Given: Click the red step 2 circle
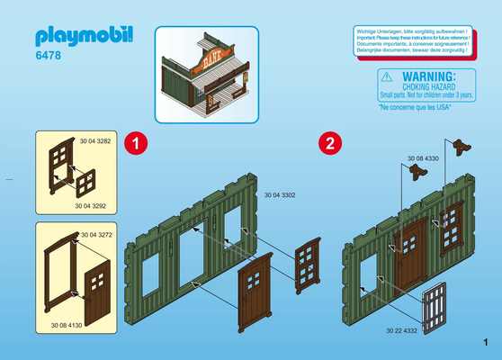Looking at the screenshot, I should click(x=328, y=142).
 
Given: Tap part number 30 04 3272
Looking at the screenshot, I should click(x=96, y=234).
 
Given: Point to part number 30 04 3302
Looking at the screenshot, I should click(x=280, y=194).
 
